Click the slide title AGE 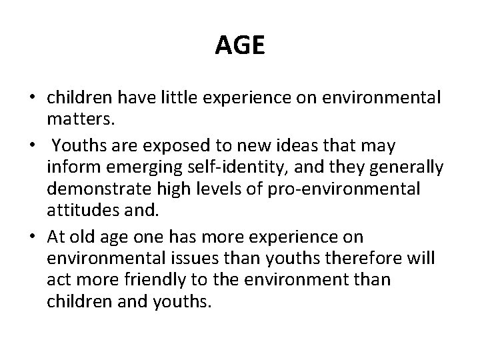click(240, 46)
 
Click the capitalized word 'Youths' click(79, 144)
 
